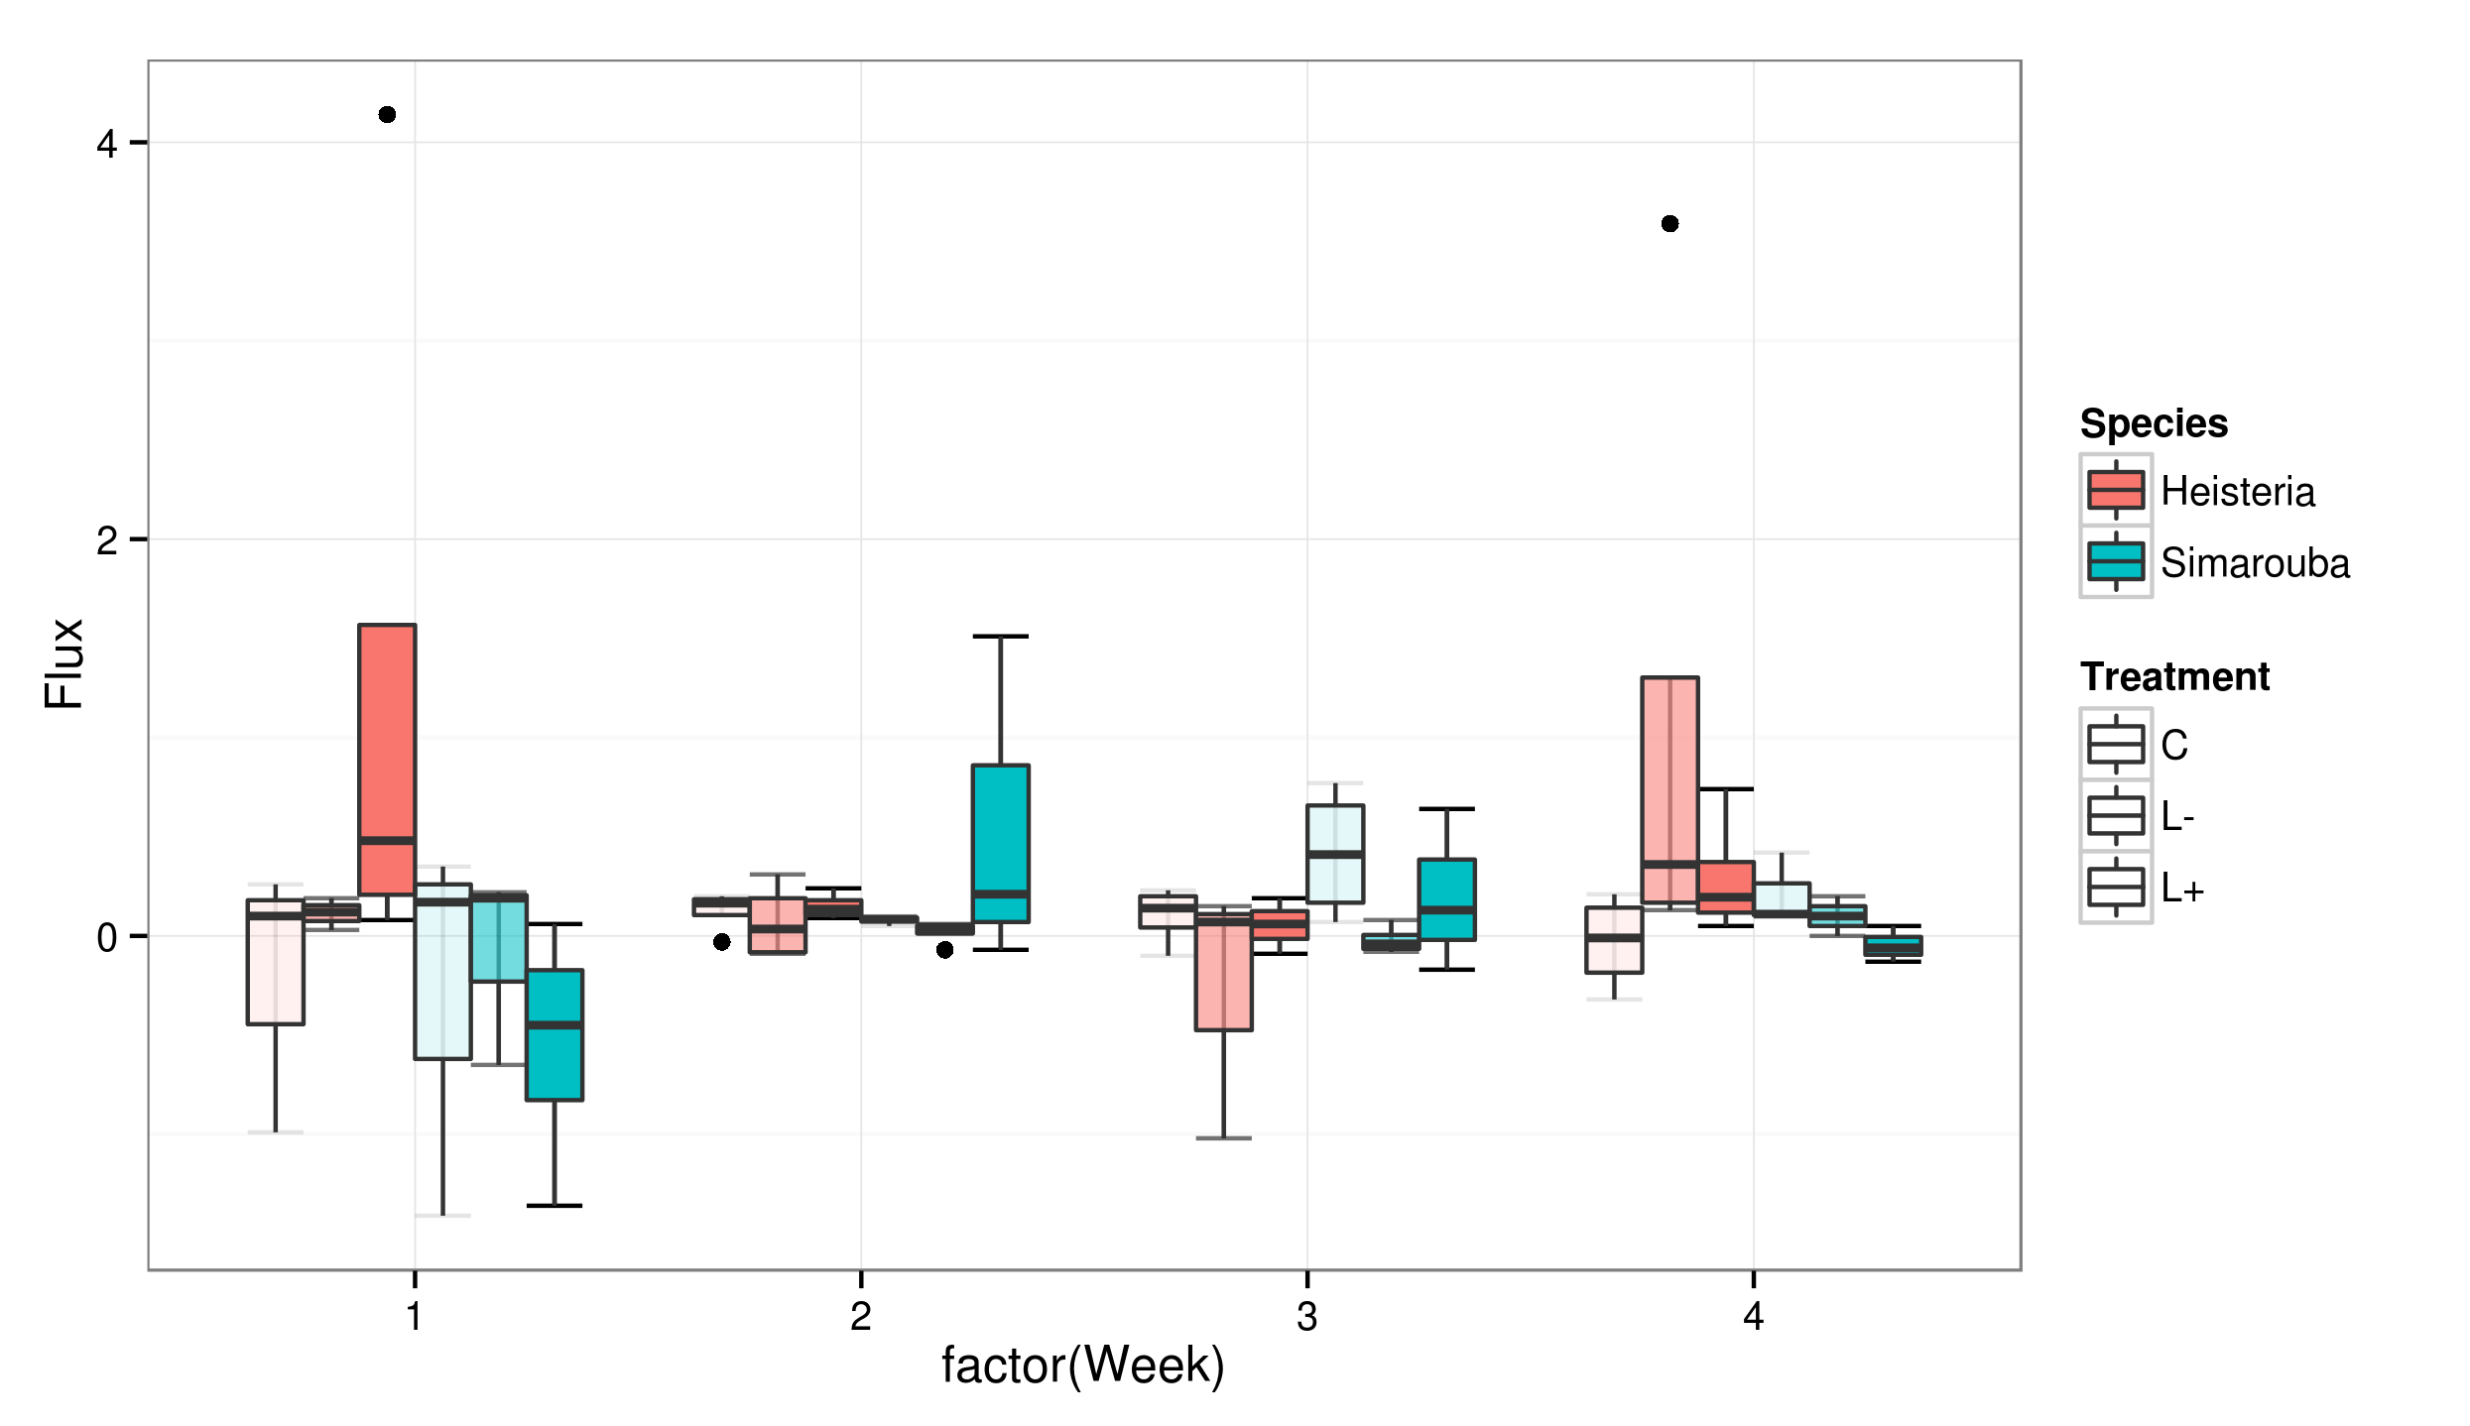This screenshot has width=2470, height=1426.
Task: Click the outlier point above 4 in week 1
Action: click(387, 115)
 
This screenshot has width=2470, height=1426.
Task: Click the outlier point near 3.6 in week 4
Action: click(1669, 224)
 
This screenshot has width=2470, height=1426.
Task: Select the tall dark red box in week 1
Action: click(387, 759)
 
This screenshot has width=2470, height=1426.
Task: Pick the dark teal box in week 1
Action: click(555, 1034)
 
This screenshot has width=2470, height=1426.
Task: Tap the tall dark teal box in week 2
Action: click(1000, 843)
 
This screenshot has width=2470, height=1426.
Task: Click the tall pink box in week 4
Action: click(1669, 789)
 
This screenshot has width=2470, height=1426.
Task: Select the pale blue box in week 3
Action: click(1335, 853)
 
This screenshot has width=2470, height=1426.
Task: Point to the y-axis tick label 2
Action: click(106, 541)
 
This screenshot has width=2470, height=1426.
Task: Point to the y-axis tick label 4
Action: click(106, 145)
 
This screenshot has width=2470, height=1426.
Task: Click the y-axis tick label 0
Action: click(106, 938)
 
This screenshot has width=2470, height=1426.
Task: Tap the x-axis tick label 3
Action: click(1306, 1317)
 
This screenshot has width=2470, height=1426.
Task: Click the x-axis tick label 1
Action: click(415, 1317)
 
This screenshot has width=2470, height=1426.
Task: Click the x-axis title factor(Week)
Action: click(1082, 1367)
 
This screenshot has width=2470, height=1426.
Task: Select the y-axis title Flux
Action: click(65, 663)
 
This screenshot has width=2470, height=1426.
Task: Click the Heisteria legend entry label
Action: click(2237, 492)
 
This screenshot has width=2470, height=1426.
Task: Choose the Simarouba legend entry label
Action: click(2255, 563)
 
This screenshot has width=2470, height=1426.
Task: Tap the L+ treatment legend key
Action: click(2116, 888)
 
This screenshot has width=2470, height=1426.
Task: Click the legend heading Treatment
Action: click(2174, 677)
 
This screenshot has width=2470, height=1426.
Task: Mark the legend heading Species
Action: click(2154, 424)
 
